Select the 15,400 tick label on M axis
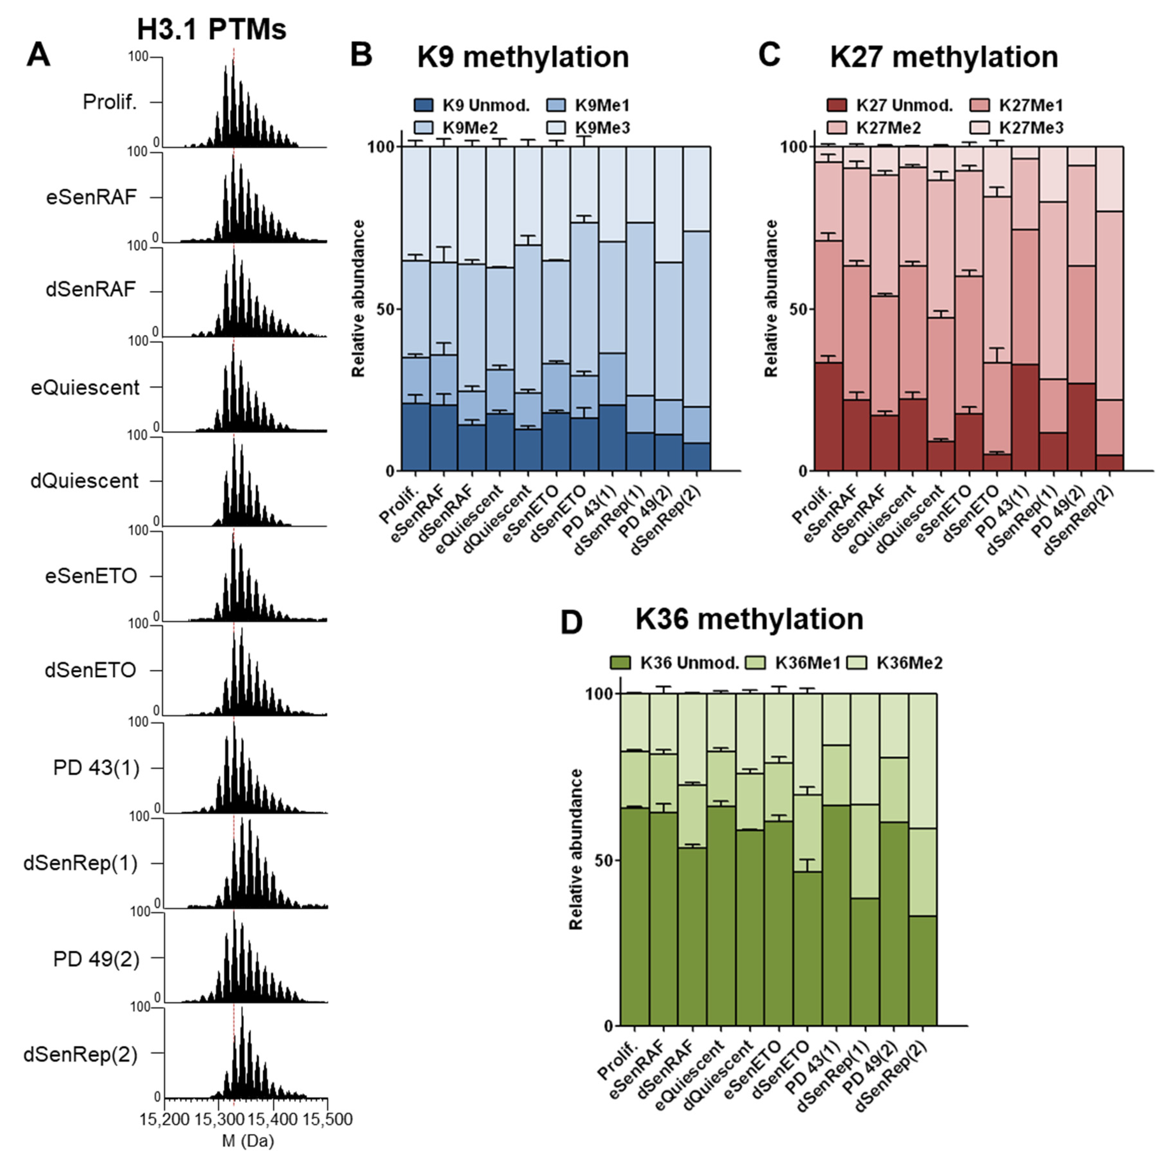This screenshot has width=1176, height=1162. tap(273, 1119)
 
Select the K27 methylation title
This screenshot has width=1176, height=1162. tap(944, 57)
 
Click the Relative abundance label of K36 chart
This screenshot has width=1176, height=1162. tap(576, 850)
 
